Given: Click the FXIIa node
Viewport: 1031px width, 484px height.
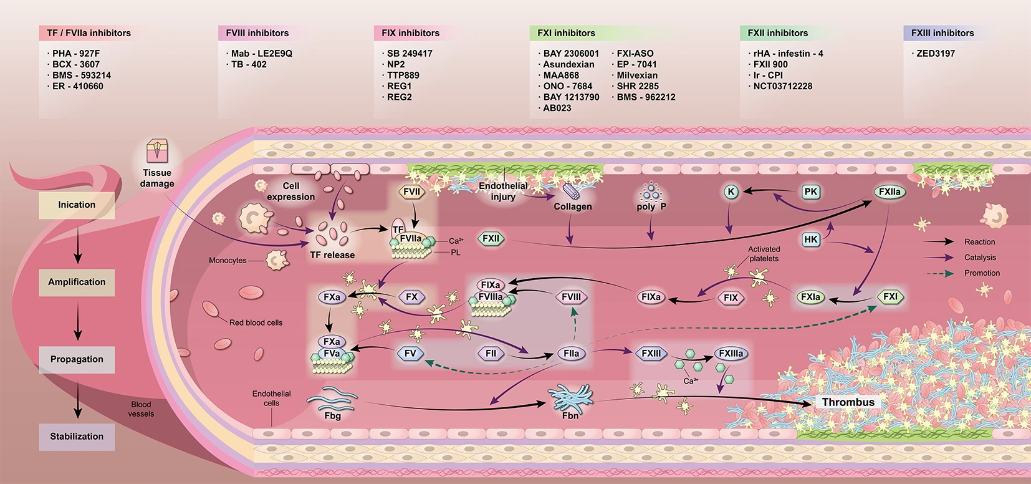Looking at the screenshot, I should (x=890, y=192).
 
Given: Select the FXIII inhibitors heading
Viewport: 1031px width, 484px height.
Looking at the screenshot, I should (x=942, y=33).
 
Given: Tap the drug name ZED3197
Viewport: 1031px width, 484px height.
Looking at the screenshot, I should (x=935, y=54).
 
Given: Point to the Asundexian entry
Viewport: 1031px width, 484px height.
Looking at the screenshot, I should (x=568, y=64).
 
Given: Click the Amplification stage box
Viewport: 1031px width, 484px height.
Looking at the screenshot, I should (x=77, y=282).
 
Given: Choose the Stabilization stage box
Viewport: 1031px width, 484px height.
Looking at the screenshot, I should (x=77, y=437).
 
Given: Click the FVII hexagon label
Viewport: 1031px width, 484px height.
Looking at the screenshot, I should (x=411, y=192).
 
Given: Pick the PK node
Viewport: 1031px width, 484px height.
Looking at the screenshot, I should (x=810, y=192).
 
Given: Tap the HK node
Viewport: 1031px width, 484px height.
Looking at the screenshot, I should (x=810, y=239).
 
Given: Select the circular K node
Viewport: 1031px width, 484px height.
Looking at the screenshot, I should (x=731, y=192).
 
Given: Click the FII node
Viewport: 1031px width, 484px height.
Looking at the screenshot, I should (x=491, y=354).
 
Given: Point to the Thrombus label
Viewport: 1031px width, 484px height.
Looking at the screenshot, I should (x=848, y=402).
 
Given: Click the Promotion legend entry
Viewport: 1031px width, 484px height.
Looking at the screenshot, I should (x=982, y=273).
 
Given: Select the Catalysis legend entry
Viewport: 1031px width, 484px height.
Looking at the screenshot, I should (x=980, y=258).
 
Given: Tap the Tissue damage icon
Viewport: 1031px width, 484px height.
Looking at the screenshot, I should (x=157, y=152).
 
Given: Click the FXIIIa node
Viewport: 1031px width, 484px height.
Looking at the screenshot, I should (x=731, y=354).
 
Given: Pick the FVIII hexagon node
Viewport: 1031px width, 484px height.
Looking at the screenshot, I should (x=571, y=297).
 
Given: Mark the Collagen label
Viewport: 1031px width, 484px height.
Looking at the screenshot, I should (x=572, y=206).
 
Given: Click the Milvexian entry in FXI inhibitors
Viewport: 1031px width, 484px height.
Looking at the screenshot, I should (x=637, y=75).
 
